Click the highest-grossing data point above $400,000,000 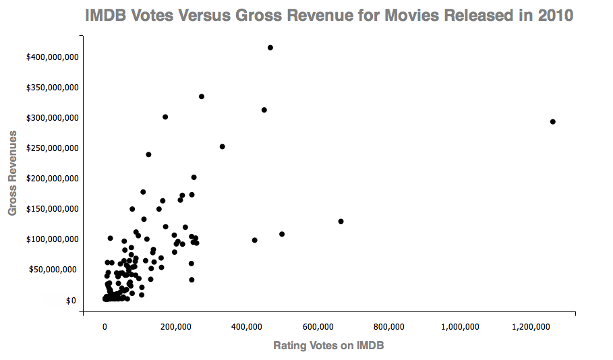[270, 48]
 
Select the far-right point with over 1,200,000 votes [552, 122]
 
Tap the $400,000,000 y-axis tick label [53, 57]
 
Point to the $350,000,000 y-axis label [53, 88]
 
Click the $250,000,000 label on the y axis [53, 148]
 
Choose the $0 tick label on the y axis [70, 301]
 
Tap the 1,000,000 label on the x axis [460, 327]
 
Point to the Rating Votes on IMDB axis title [328, 346]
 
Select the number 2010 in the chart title [554, 15]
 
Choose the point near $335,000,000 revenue [202, 97]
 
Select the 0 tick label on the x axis [105, 327]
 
